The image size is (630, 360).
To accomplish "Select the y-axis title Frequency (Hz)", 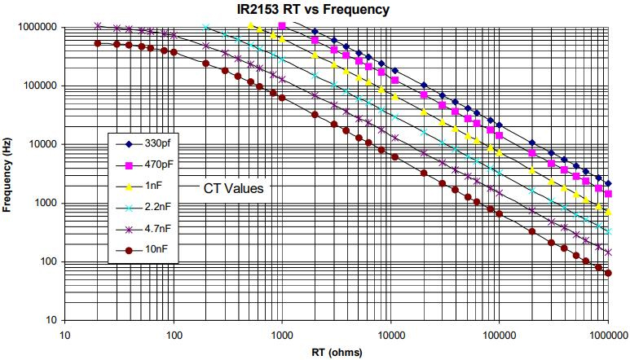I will (7, 173).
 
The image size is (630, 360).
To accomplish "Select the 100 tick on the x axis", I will (173, 334).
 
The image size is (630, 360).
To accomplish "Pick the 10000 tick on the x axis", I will (390, 334).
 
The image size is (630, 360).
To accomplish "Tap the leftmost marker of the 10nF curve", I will (98, 43).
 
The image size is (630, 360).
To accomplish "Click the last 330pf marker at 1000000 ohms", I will (608, 183).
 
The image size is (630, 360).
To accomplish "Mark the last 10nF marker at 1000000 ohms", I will (608, 273).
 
